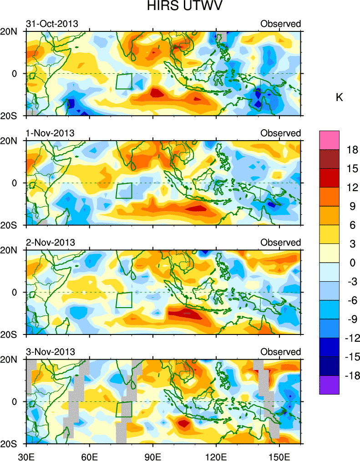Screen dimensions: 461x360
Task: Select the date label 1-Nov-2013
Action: (50, 133)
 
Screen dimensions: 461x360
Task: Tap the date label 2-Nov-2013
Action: (50, 242)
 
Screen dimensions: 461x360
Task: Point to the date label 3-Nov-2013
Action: (50, 352)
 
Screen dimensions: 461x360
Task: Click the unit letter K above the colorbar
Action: (339, 97)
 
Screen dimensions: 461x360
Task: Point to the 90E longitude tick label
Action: (153, 455)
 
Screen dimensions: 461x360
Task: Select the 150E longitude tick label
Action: (279, 455)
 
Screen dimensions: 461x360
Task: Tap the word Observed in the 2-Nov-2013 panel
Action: (280, 242)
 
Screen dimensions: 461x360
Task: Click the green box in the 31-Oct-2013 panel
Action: (124, 81)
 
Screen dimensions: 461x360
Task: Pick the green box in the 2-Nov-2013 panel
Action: (124, 300)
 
